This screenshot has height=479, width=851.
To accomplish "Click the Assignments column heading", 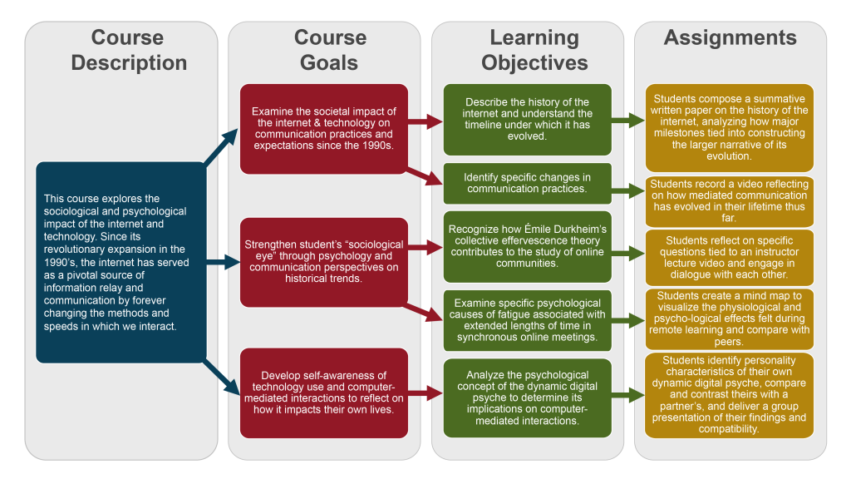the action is pyautogui.click(x=730, y=37).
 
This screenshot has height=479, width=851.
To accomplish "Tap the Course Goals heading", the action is pyautogui.click(x=330, y=50).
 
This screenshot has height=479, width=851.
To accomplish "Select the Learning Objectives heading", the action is pyautogui.click(x=534, y=50).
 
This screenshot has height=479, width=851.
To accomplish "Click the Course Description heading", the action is pyautogui.click(x=128, y=50).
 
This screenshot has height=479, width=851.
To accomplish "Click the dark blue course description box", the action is pyautogui.click(x=121, y=262).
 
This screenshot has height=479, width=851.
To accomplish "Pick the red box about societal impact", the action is pyautogui.click(x=324, y=129).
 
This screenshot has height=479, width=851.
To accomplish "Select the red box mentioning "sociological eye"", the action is pyautogui.click(x=324, y=262).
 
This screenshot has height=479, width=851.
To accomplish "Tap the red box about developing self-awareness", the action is pyautogui.click(x=324, y=393).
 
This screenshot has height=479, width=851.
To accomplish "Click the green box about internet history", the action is pyautogui.click(x=528, y=120).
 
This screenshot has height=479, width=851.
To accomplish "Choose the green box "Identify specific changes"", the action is pyautogui.click(x=528, y=183).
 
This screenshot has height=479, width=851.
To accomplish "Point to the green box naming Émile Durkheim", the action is pyautogui.click(x=528, y=246).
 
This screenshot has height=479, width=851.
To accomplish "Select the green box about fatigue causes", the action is pyautogui.click(x=528, y=320).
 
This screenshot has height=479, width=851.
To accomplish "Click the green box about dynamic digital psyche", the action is pyautogui.click(x=528, y=398).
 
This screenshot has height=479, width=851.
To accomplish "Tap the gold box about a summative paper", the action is pyautogui.click(x=730, y=127).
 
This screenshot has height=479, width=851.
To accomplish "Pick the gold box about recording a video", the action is pyautogui.click(x=730, y=201).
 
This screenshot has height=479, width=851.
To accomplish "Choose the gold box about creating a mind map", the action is pyautogui.click(x=730, y=319).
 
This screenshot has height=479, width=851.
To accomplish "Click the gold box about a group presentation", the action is pyautogui.click(x=730, y=395).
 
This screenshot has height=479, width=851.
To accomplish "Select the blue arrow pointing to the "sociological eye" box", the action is pyautogui.click(x=223, y=262).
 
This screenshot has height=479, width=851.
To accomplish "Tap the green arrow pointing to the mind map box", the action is pyautogui.click(x=628, y=320).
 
